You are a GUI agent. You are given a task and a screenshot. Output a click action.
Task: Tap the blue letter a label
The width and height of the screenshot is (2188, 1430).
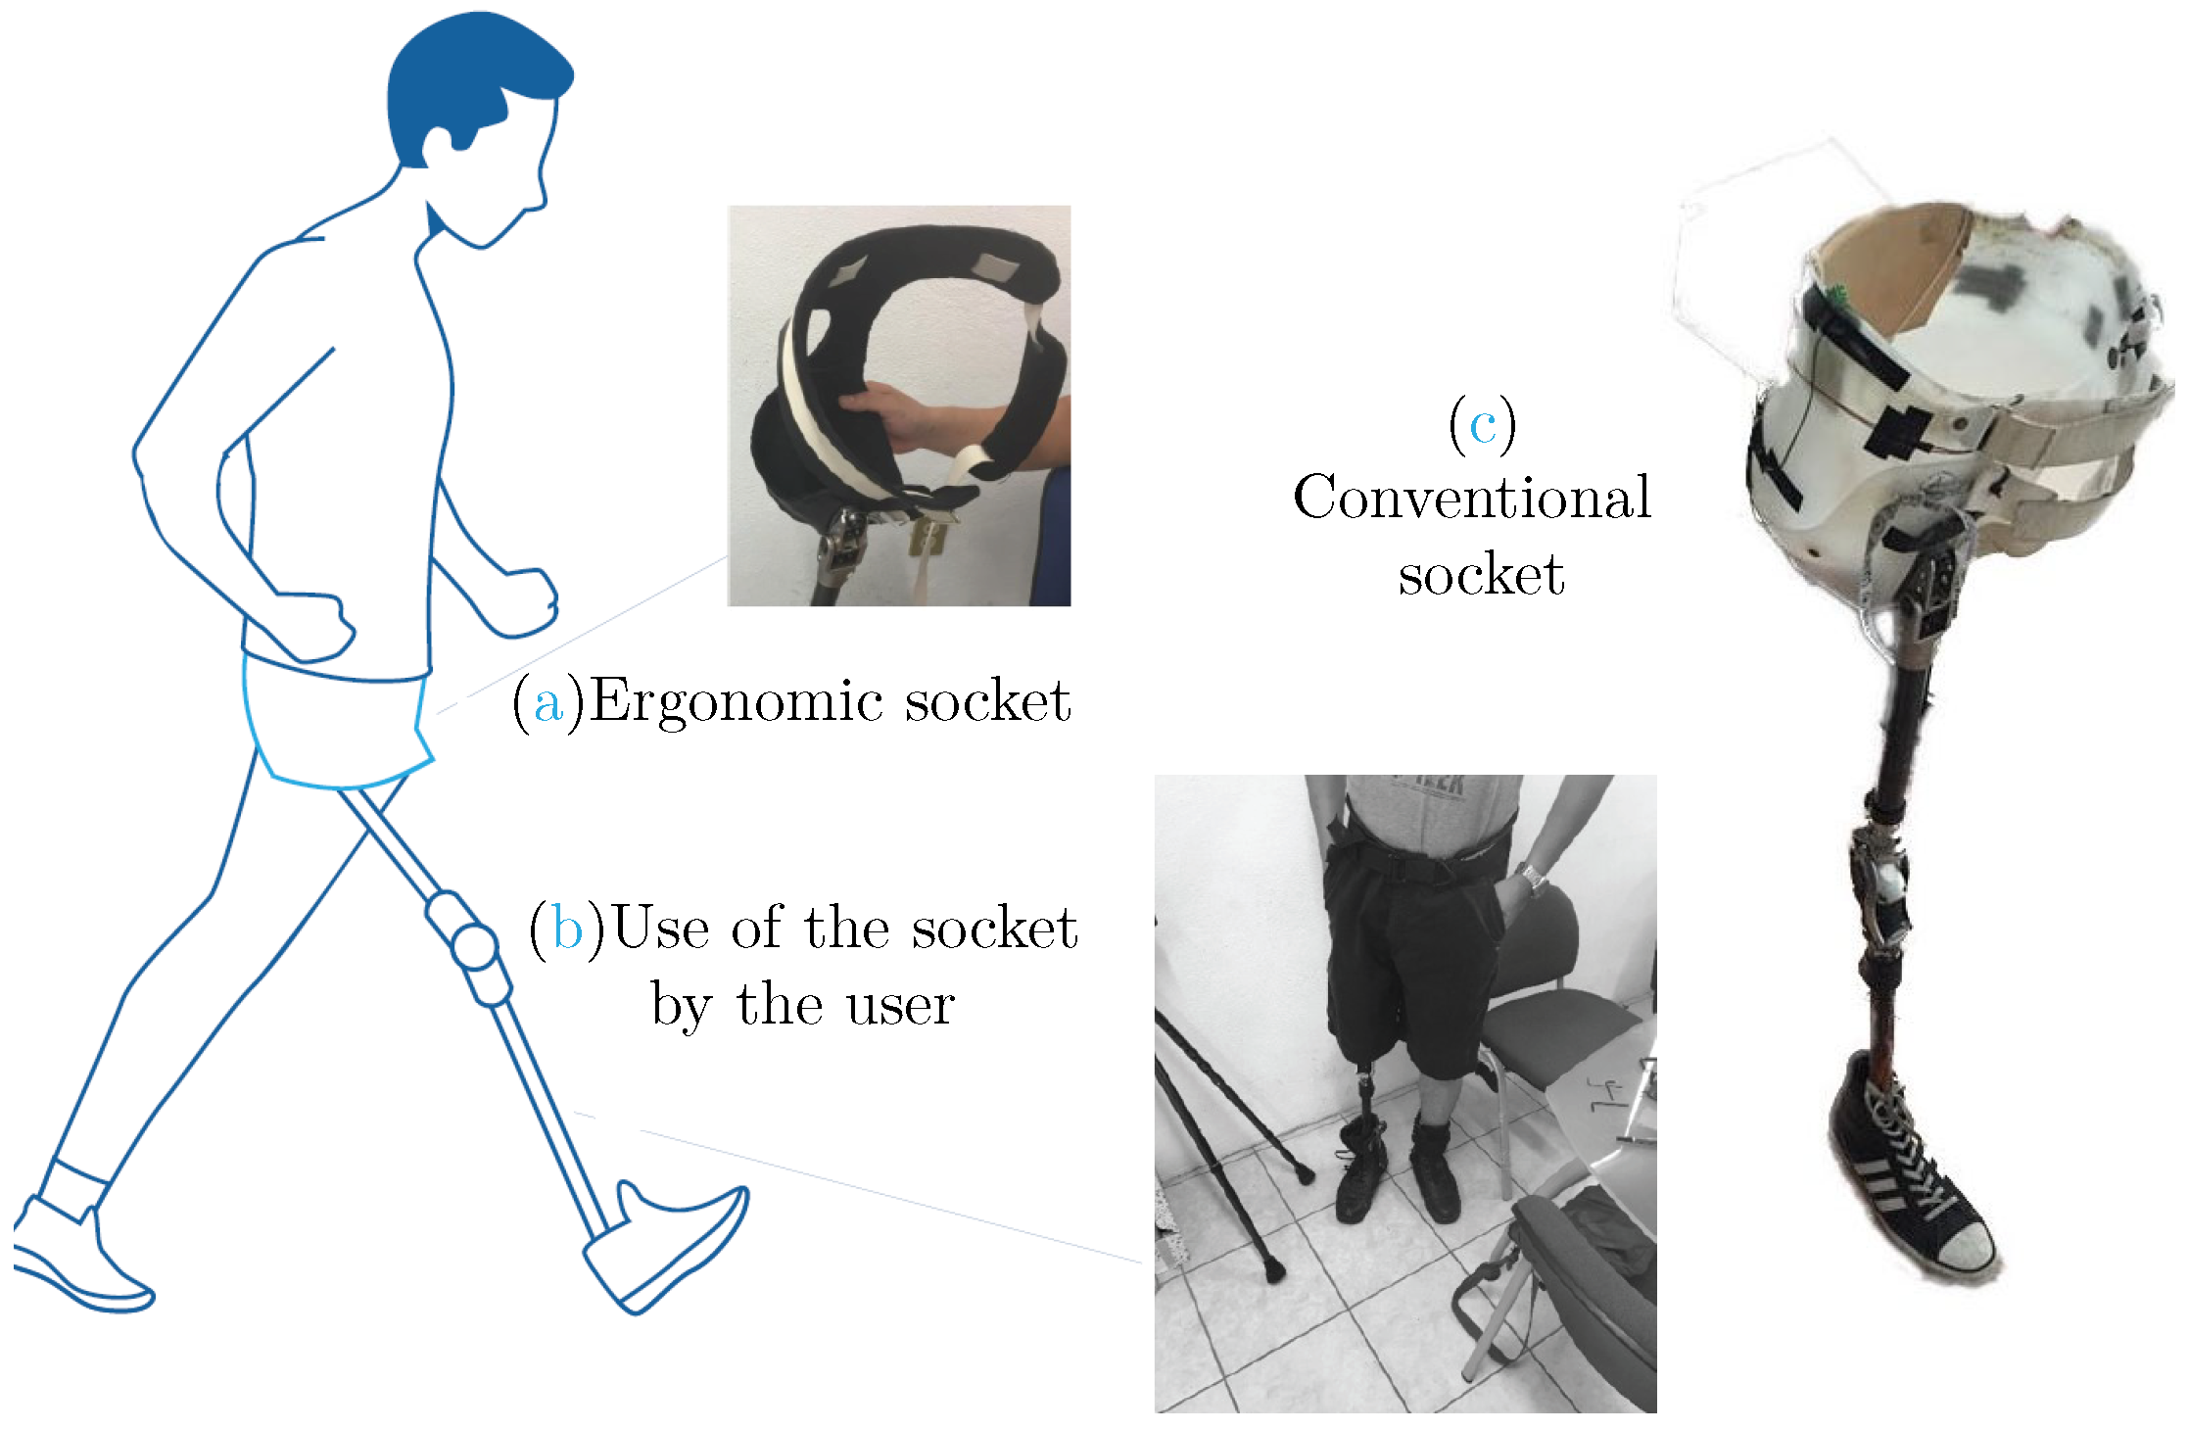(548, 704)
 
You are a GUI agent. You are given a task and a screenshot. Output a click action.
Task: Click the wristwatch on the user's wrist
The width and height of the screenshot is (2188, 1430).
(1533, 878)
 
